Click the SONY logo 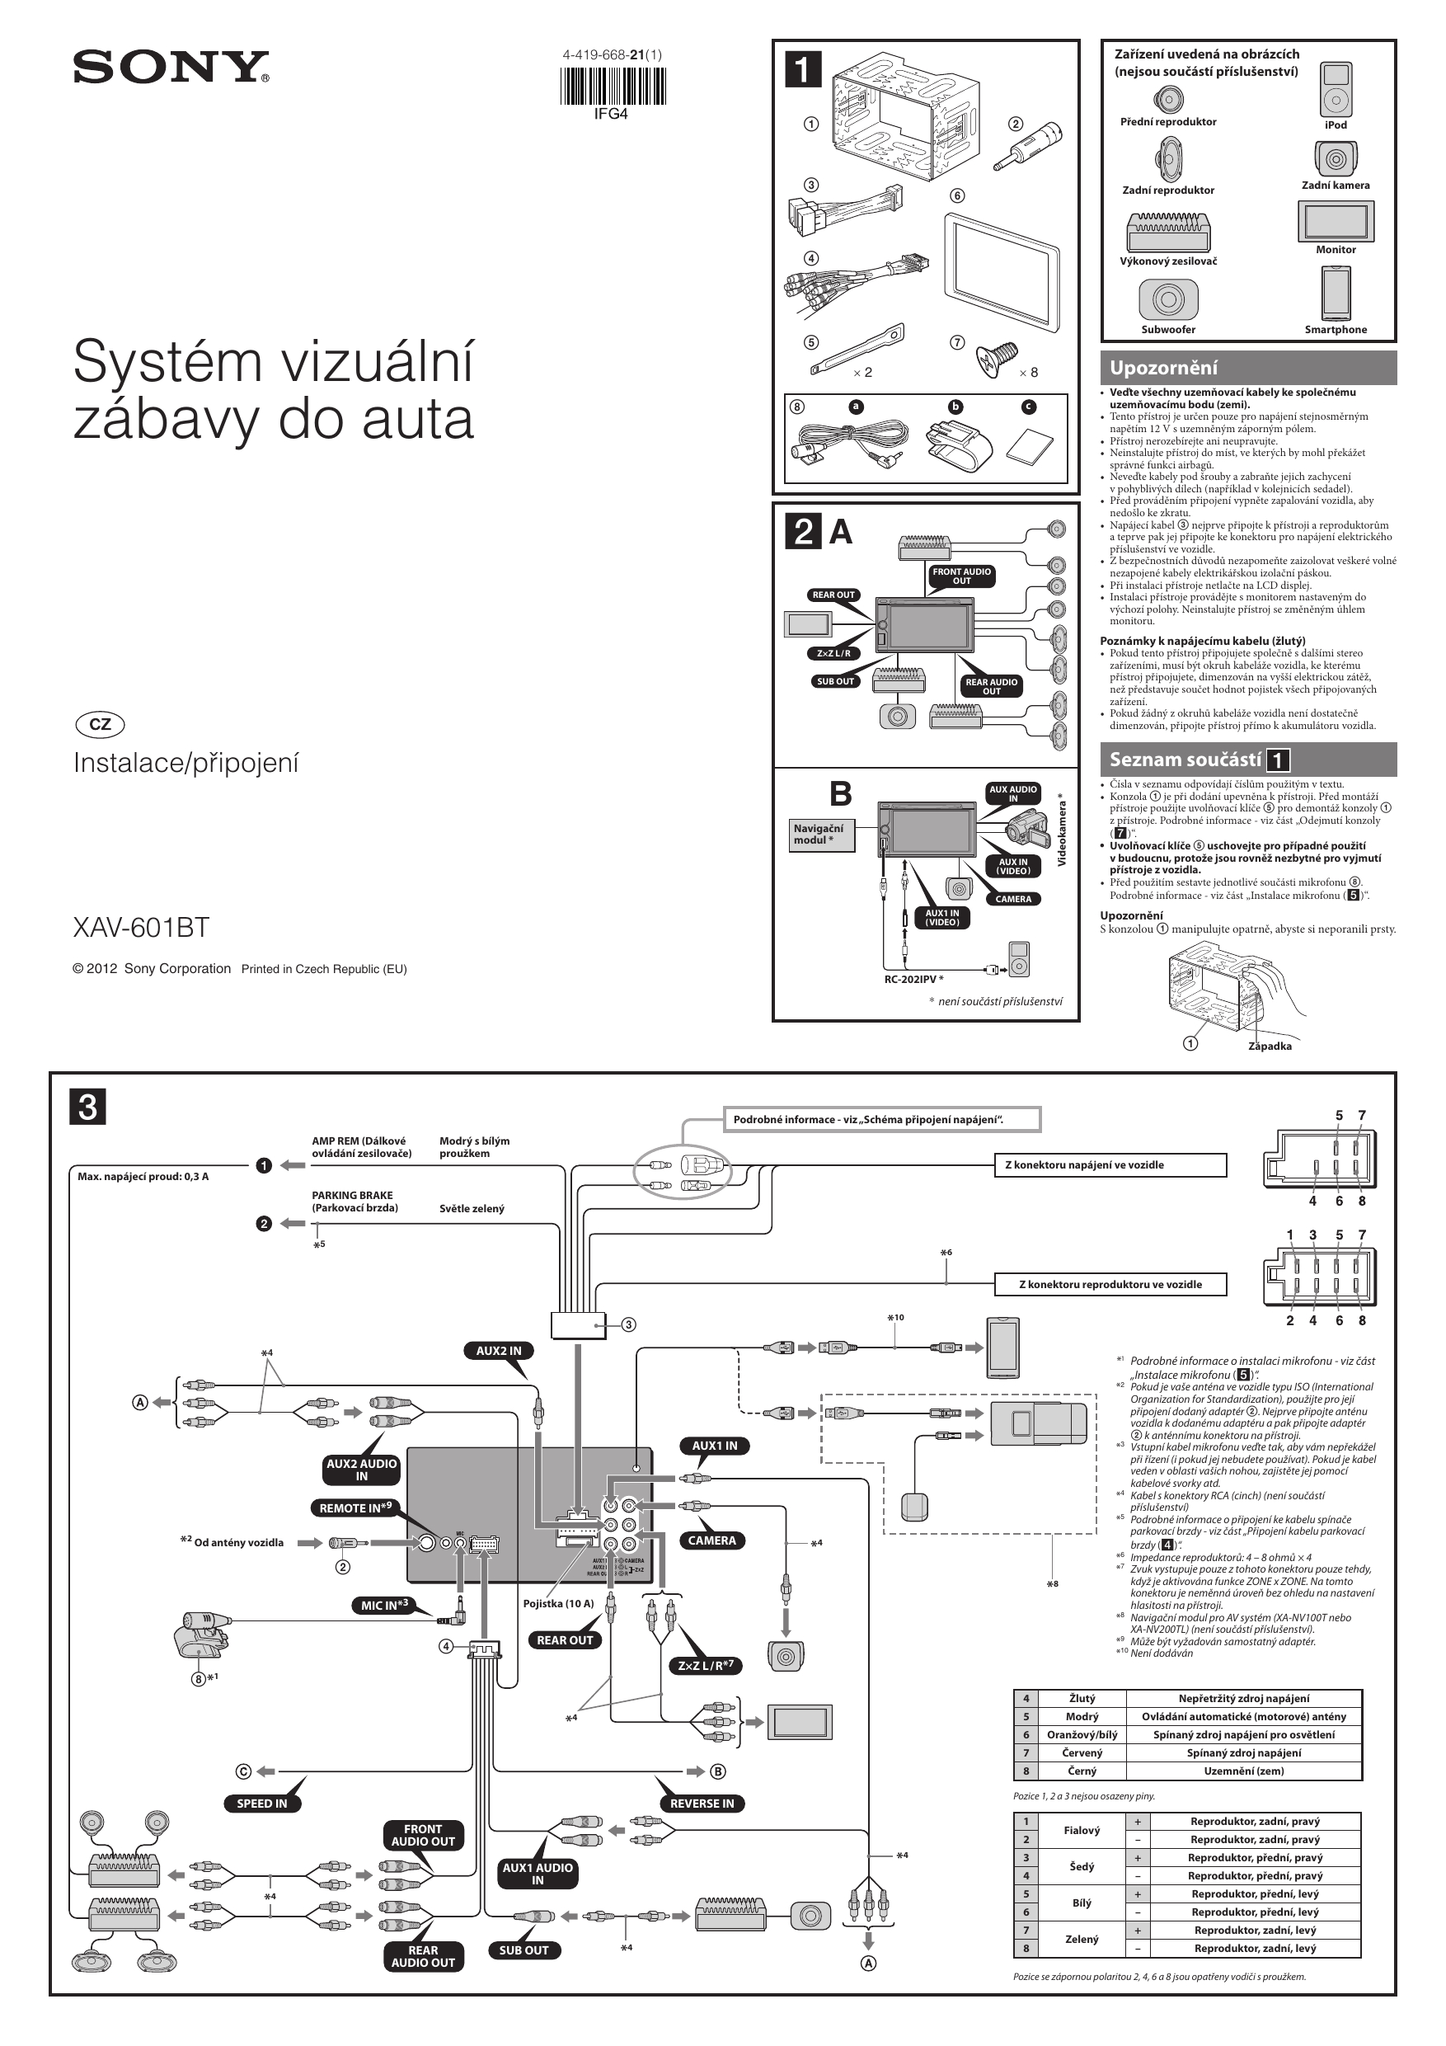pyautogui.click(x=170, y=68)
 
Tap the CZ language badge pyautogui.click(x=101, y=725)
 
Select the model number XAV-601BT pyautogui.click(x=141, y=928)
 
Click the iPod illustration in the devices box pyautogui.click(x=1335, y=89)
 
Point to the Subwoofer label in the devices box pyautogui.click(x=1168, y=330)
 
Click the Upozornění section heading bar pyautogui.click(x=1247, y=368)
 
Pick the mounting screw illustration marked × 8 pyautogui.click(x=995, y=356)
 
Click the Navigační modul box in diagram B pyautogui.click(x=820, y=834)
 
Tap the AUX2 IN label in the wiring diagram pyautogui.click(x=498, y=1350)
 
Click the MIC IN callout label pyautogui.click(x=384, y=1605)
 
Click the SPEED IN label pyautogui.click(x=262, y=1803)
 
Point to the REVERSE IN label pyautogui.click(x=702, y=1803)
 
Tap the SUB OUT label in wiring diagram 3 pyautogui.click(x=523, y=1950)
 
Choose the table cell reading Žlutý pyautogui.click(x=1082, y=1699)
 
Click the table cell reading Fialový pyautogui.click(x=1082, y=1831)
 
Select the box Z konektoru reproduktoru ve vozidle pyautogui.click(x=1110, y=1284)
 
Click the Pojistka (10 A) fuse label pyautogui.click(x=558, y=1603)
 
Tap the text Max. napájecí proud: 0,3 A pyautogui.click(x=143, y=1176)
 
